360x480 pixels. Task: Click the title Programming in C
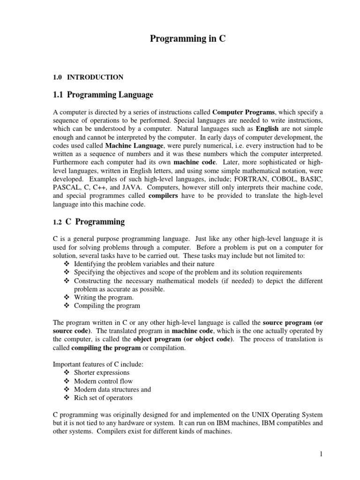(x=187, y=39)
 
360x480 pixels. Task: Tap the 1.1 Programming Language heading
(x=103, y=95)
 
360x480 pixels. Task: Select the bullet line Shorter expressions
(x=102, y=373)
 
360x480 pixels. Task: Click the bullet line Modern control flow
(x=103, y=382)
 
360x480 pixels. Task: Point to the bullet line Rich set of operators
(x=103, y=398)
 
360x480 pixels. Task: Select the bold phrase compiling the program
(x=106, y=348)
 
